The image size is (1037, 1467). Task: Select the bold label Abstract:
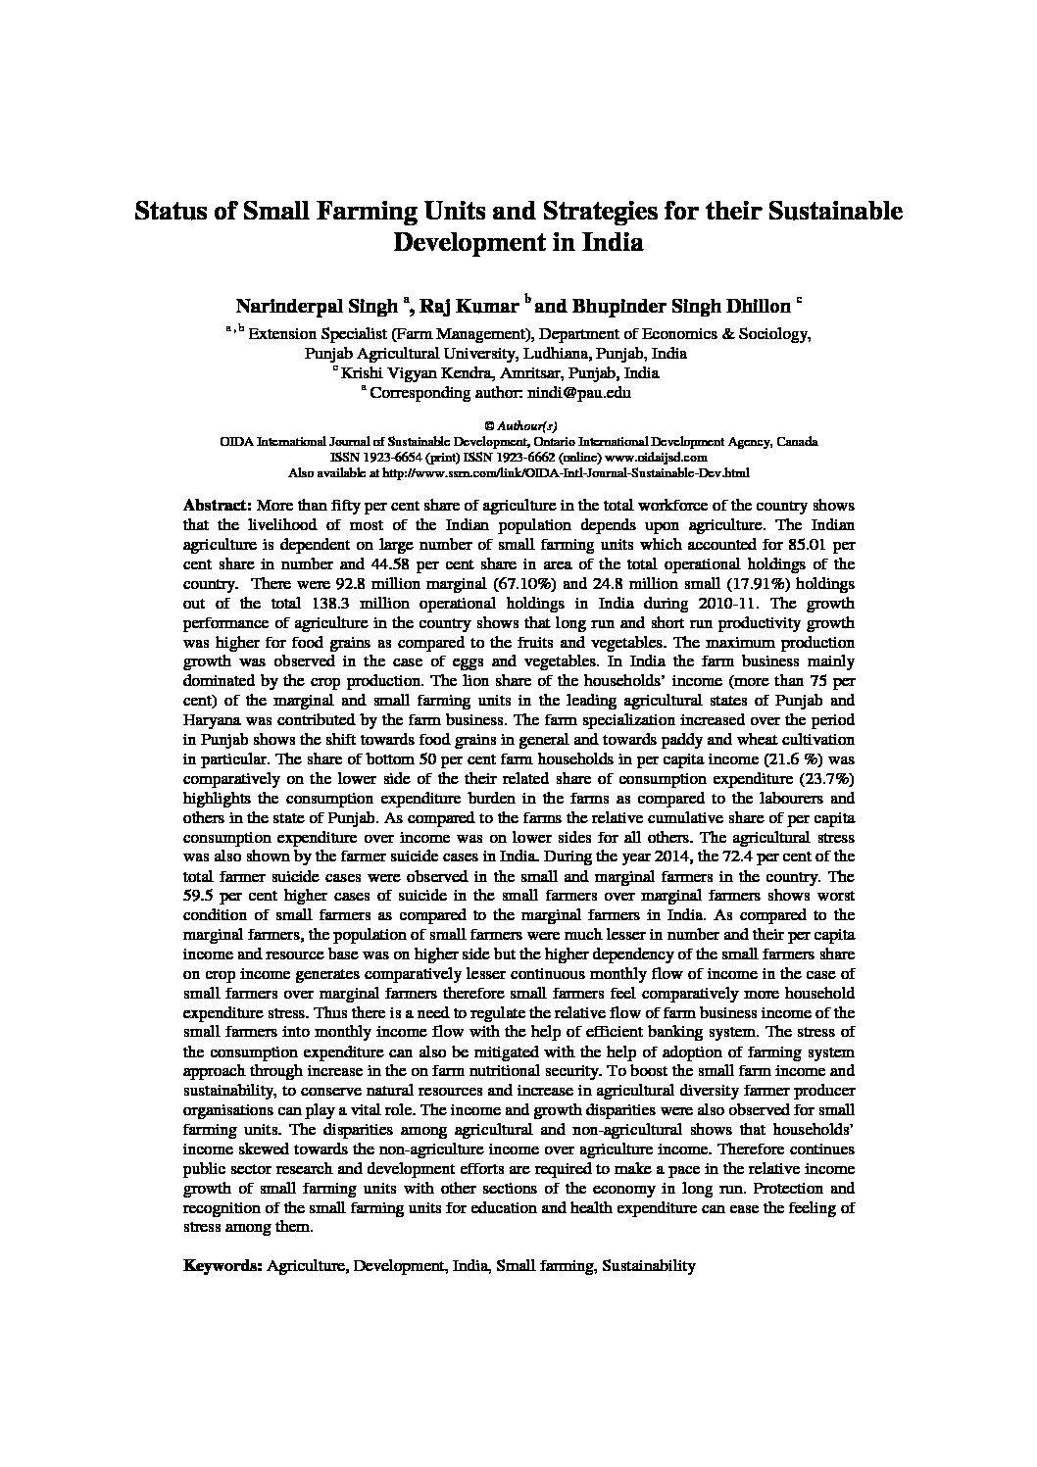point(218,506)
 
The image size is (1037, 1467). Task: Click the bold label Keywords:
point(222,1265)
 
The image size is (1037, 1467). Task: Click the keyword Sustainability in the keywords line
point(648,1265)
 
